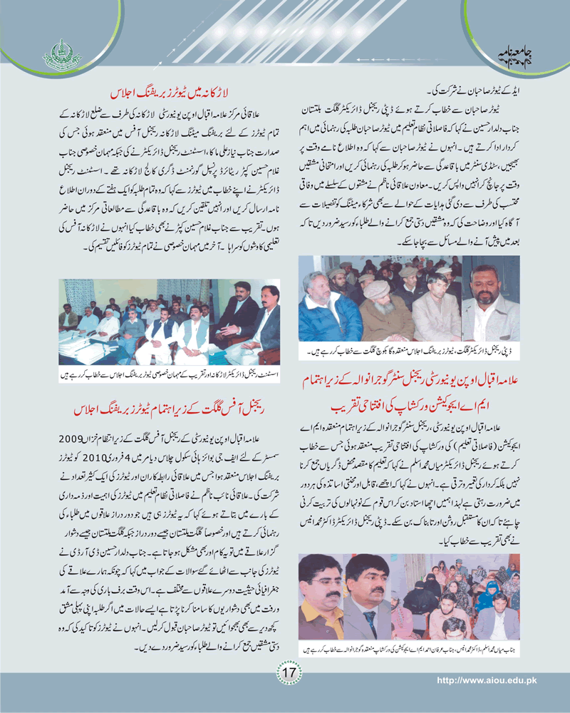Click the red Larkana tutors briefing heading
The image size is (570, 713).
(x=175, y=93)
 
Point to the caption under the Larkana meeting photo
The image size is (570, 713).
(x=168, y=373)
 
